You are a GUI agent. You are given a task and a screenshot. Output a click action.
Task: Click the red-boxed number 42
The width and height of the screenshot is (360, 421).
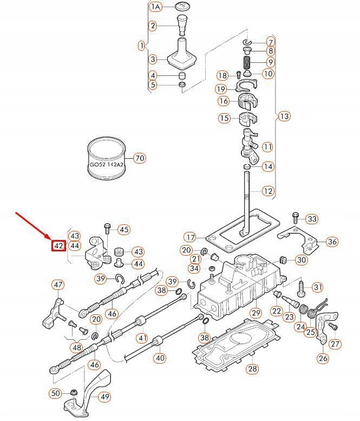tap(58, 245)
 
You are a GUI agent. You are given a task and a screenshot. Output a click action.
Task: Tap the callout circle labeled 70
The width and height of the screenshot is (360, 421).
tap(140, 158)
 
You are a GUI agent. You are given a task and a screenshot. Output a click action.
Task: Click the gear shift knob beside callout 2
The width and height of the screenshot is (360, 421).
tap(182, 24)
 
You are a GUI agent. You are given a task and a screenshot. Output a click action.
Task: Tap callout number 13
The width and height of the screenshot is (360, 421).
tap(284, 116)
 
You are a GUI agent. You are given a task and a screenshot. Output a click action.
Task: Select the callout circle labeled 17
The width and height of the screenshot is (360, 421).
tap(189, 237)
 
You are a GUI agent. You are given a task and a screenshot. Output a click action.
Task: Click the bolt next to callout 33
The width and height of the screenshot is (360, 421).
tap(295, 218)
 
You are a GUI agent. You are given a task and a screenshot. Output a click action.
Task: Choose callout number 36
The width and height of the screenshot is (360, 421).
tap(332, 242)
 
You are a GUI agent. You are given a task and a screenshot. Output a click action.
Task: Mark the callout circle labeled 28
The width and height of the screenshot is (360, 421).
tap(253, 369)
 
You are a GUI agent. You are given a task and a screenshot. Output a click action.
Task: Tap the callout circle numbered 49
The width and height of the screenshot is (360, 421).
tap(104, 397)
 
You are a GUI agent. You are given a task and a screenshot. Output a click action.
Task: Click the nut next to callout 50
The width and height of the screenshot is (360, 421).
tap(74, 392)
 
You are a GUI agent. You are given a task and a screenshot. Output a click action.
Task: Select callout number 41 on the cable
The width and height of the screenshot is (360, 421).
tap(142, 338)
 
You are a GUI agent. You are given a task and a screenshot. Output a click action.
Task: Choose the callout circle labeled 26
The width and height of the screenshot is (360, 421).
tap(323, 358)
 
